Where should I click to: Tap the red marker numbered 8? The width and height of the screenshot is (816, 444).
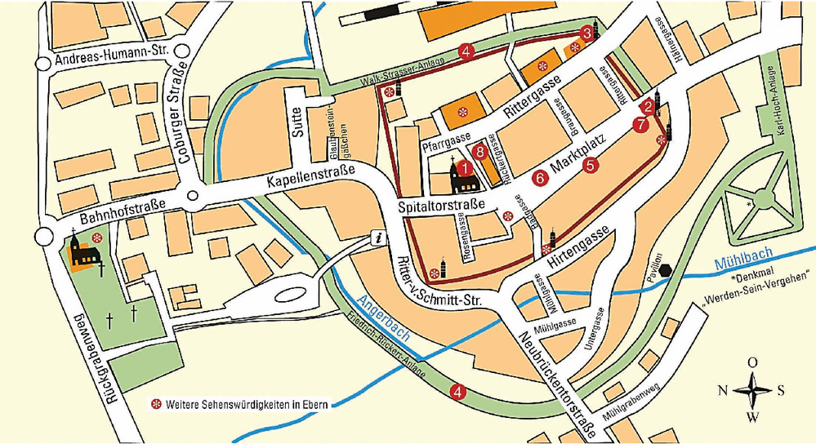[480, 151]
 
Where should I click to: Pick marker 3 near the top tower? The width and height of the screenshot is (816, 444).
[586, 33]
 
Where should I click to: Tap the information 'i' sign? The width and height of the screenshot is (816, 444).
[377, 238]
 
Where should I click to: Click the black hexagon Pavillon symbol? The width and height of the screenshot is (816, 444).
[667, 270]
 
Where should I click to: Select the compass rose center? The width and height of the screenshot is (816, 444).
[752, 390]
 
